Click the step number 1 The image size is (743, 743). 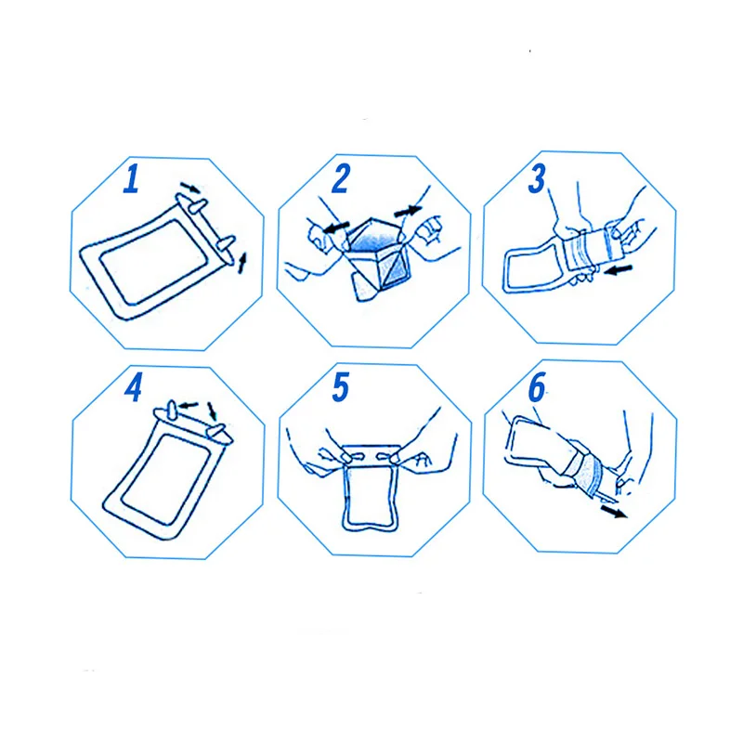131,178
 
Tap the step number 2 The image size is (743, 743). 341,178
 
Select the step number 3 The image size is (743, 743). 538,179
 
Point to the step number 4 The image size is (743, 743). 133,387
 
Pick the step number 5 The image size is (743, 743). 341,386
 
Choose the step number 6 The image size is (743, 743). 537,386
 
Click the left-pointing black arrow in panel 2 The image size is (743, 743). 336,228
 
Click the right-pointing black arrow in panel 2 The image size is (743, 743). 408,211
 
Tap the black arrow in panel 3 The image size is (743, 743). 619,269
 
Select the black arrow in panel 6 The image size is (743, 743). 614,512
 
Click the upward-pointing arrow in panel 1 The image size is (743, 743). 242,263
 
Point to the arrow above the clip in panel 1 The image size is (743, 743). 190,188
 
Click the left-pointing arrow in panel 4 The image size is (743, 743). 189,406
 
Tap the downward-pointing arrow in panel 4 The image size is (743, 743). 213,411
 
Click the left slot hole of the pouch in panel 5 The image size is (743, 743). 355,457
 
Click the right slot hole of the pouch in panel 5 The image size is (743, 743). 386,457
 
